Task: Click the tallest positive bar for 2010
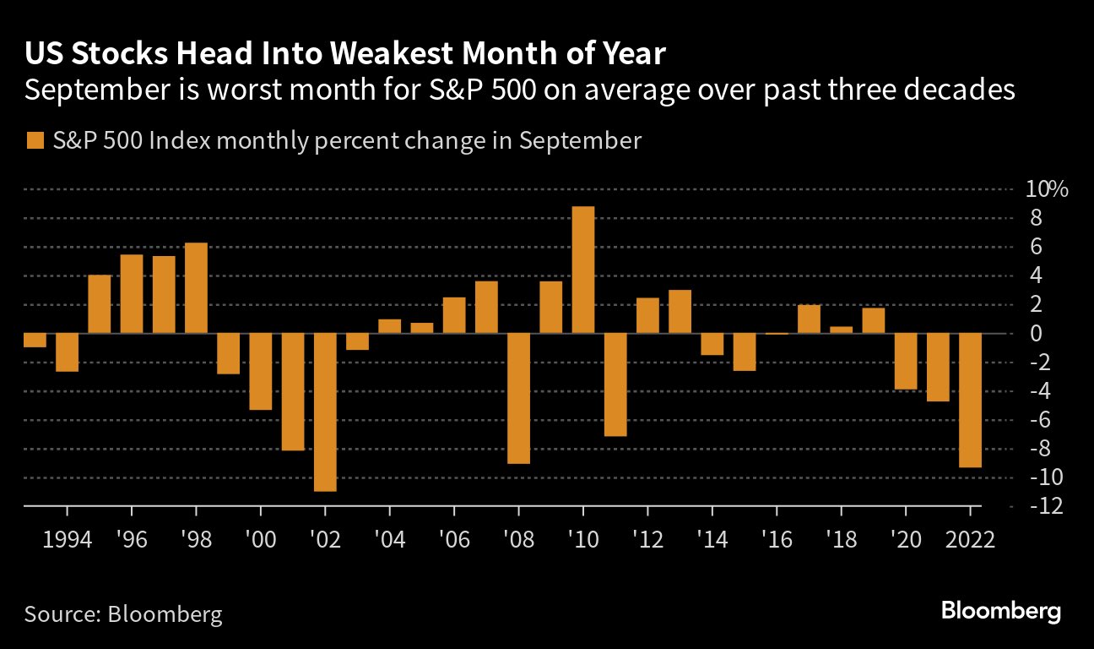583,270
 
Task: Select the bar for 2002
325,412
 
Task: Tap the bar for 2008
518,398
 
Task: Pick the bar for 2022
970,400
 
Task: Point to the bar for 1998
196,287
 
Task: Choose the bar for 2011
615,384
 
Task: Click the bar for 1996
132,293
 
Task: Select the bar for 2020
906,361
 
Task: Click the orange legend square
35,141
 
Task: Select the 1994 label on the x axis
67,539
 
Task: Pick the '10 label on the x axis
583,539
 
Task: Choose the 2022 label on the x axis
970,539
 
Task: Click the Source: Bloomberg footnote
123,614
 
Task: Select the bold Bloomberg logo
1000,611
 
